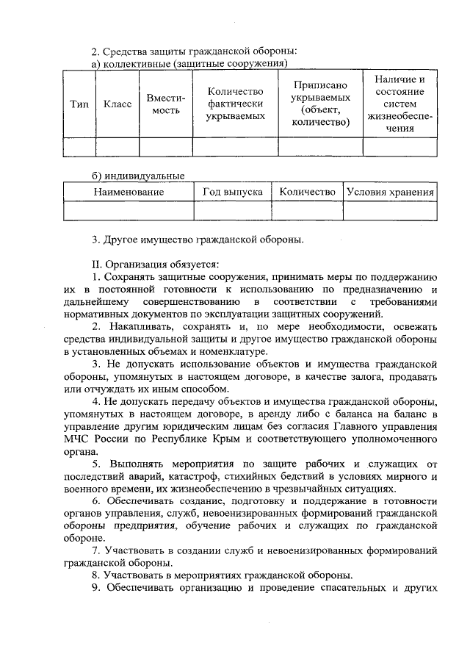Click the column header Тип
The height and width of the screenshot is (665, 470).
tap(79, 104)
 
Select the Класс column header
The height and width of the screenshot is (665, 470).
tap(117, 104)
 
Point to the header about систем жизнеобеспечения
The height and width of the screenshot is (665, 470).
tap(399, 104)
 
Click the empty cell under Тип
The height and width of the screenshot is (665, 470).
tap(79, 147)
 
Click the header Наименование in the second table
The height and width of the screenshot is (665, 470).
tap(129, 192)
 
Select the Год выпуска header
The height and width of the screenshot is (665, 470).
tap(232, 192)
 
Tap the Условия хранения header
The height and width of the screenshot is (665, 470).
tap(390, 192)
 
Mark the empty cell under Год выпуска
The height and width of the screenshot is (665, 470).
tap(232, 211)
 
